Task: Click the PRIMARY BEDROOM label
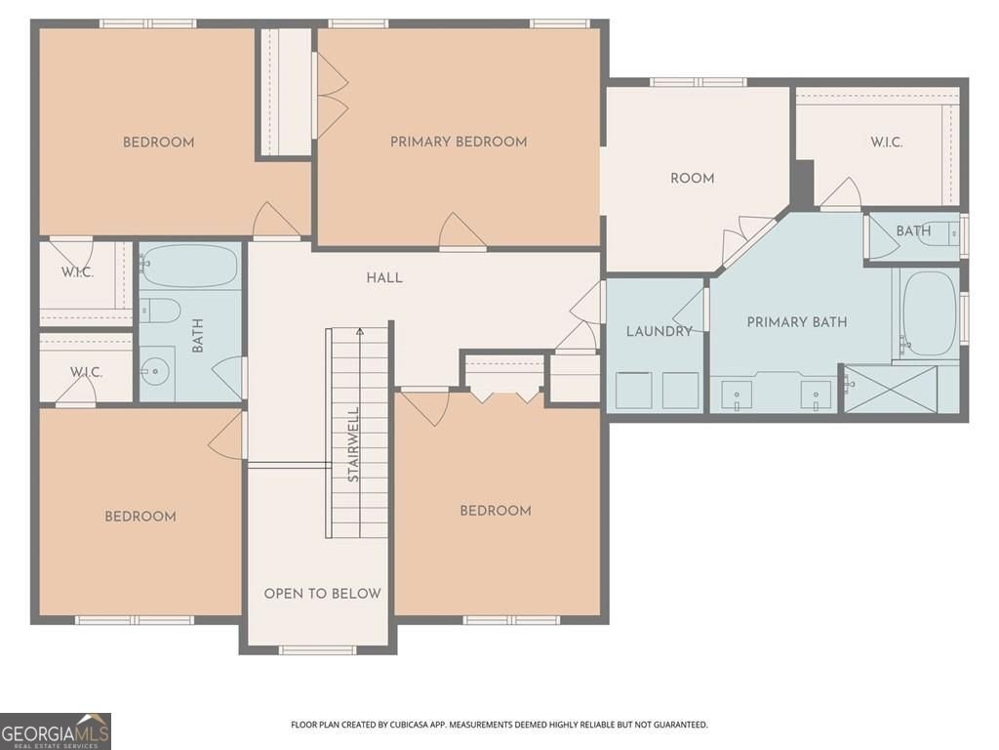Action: coord(459,142)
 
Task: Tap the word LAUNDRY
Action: coord(659,331)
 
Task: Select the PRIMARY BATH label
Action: coord(797,321)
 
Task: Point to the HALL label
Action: coord(384,277)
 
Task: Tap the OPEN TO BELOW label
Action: coord(322,593)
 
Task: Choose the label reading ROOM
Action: coord(692,178)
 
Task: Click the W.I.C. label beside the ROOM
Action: coord(887,142)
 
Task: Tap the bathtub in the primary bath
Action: coord(927,312)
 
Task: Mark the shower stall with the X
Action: coord(890,388)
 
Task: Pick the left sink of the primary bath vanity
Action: coord(737,395)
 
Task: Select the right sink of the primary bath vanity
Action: coord(816,395)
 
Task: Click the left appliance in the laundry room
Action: coord(634,390)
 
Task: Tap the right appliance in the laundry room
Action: coord(681,390)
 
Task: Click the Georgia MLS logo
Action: coord(56,730)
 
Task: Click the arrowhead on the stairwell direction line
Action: coord(361,331)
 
